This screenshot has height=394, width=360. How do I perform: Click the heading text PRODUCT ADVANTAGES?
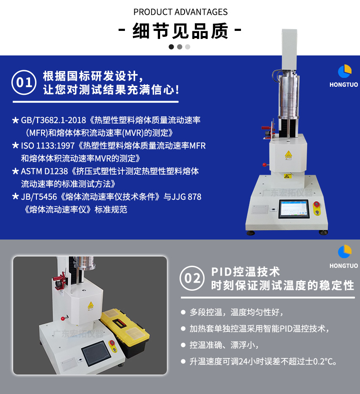point(180,12)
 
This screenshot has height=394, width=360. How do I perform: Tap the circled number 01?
point(24,83)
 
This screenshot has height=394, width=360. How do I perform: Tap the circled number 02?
point(192,278)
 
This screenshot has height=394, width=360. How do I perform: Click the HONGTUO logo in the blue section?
point(344,76)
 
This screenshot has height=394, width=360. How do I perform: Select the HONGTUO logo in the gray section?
point(344,256)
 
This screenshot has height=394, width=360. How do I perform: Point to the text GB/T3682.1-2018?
point(53,120)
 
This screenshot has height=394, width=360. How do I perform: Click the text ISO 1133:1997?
point(48,146)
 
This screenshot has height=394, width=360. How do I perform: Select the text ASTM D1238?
point(44,171)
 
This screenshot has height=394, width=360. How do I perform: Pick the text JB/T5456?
point(39,197)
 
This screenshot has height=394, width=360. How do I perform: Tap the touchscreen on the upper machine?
point(294,209)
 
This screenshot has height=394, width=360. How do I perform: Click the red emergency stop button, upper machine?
point(317,204)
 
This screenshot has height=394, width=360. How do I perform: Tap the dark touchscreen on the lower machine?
point(96,353)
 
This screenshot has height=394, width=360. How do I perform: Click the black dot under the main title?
point(172,47)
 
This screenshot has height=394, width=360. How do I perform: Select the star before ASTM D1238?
point(15,171)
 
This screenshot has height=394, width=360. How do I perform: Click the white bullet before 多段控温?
point(183,312)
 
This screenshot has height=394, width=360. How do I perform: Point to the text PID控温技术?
point(246,272)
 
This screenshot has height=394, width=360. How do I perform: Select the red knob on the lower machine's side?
point(63,319)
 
